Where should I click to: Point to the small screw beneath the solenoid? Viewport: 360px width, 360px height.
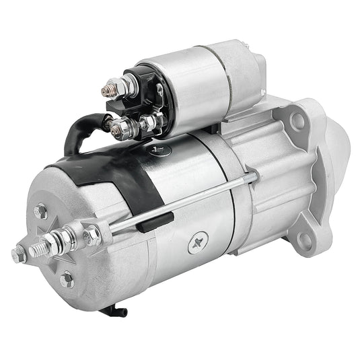coord(159,150)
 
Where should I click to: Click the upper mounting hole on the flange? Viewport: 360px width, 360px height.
coord(297,121)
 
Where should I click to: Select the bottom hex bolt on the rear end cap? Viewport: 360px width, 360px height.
coord(66,279)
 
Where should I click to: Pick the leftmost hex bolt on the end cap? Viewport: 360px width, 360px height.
coord(19,255)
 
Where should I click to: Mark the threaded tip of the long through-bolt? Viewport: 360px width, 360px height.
coord(252,176)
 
